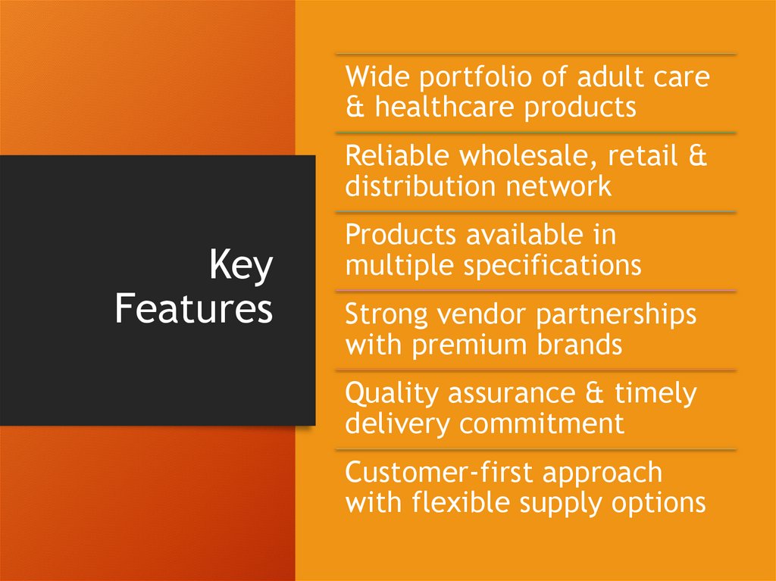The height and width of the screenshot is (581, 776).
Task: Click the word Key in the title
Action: tap(241, 267)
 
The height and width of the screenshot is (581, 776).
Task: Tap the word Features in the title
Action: tap(194, 309)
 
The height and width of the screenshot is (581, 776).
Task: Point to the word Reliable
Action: tap(397, 157)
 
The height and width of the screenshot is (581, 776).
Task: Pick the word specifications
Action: tap(552, 266)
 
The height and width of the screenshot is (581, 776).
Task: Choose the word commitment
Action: tap(542, 423)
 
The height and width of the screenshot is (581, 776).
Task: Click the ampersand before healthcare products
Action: tap(355, 108)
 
